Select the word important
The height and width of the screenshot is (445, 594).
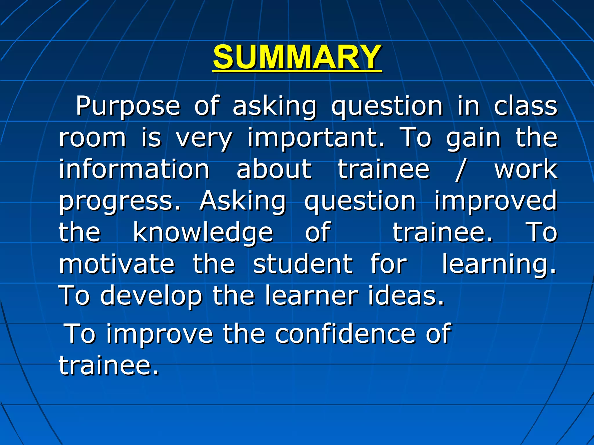point(315,138)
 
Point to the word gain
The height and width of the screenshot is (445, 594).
point(473,138)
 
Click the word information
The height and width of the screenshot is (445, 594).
point(134,169)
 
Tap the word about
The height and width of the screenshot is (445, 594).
point(274,169)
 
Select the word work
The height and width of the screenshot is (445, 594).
point(526,169)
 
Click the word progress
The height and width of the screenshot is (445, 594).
point(120,201)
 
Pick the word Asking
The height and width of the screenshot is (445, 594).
point(243,201)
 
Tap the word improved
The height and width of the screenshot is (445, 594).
point(495,201)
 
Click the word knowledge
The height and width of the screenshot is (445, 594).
point(203,233)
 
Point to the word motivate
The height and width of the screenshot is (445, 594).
point(117,264)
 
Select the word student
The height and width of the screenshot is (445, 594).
point(303,264)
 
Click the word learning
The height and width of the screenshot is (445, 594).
point(499,264)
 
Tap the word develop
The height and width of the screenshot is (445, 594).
point(151,296)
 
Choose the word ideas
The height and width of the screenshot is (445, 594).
point(406,296)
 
